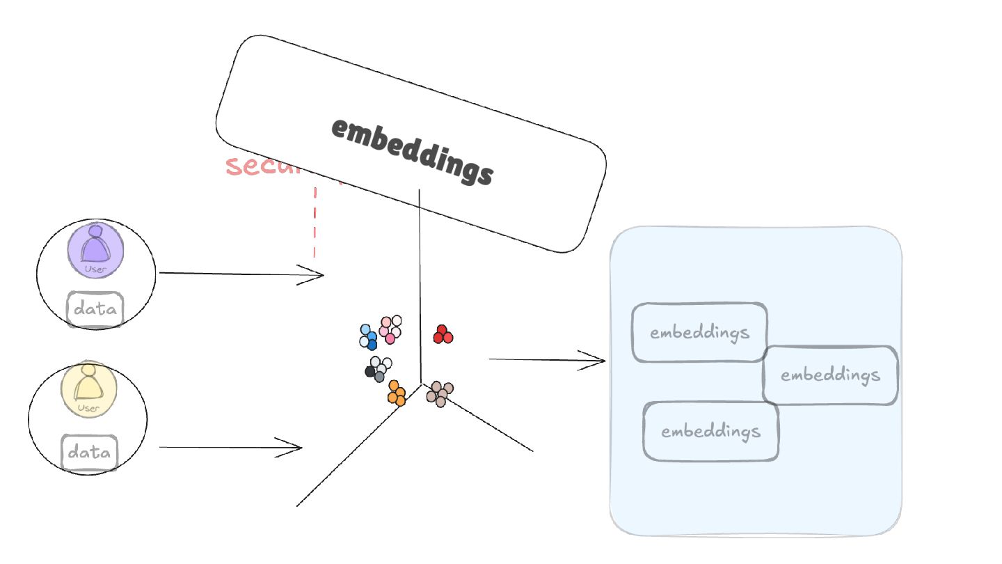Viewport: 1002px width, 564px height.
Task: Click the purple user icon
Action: [x=96, y=250]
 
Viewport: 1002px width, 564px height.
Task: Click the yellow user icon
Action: [x=89, y=389]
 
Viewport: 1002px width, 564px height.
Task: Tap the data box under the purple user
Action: [x=95, y=309]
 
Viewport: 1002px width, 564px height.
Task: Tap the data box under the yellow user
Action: [x=90, y=453]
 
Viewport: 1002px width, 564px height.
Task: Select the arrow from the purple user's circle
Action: [x=241, y=274]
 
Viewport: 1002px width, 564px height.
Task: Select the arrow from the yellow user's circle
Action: [x=230, y=447]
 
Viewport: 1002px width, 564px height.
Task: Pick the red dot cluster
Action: [x=443, y=335]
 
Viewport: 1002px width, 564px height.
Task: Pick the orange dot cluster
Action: [x=397, y=393]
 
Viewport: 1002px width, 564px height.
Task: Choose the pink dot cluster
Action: [x=390, y=329]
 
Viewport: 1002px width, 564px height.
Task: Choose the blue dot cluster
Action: [x=368, y=336]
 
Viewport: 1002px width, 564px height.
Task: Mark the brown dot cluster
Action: [x=440, y=393]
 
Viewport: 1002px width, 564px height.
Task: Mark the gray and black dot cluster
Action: [x=377, y=368]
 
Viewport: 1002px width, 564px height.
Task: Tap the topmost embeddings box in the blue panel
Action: [x=699, y=332]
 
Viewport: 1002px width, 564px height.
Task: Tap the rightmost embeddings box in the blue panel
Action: [x=830, y=375]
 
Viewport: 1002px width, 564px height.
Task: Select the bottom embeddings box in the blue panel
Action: [x=710, y=431]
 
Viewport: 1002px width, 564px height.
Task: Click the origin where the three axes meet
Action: [x=421, y=383]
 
